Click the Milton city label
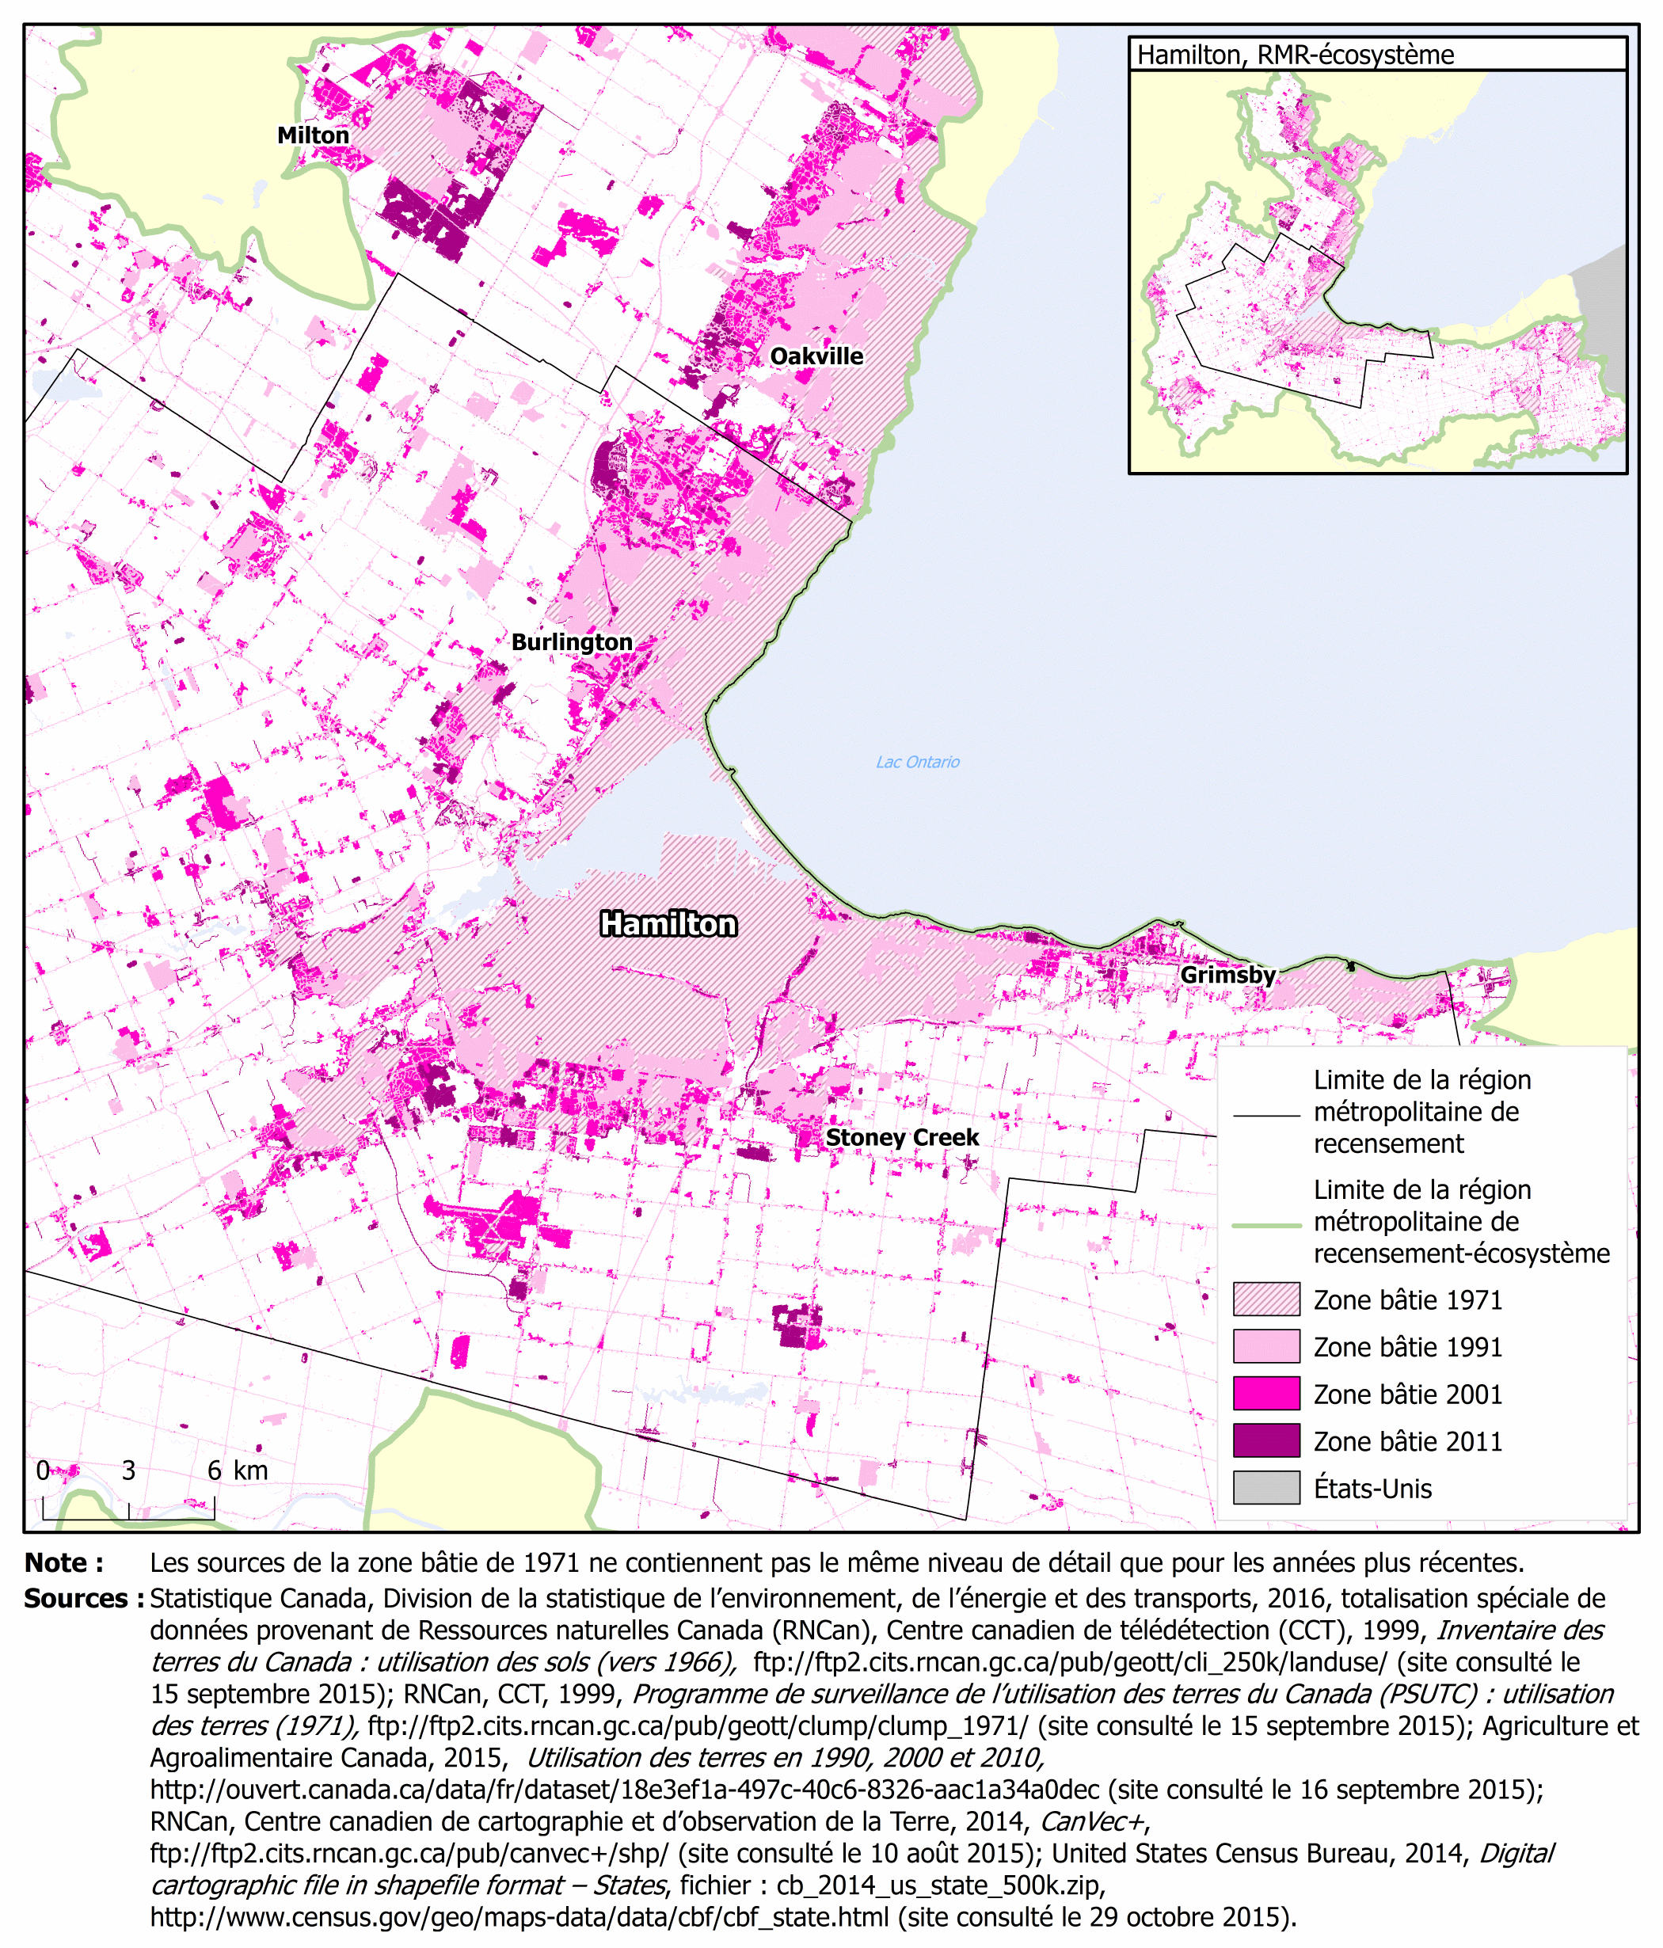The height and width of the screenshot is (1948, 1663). point(313,135)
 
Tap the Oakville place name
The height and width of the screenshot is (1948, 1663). point(816,356)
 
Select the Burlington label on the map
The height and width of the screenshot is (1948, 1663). point(572,642)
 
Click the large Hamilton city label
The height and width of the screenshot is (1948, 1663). point(668,924)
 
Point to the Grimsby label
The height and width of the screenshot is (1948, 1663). point(1227,975)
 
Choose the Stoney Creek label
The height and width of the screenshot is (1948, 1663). point(901,1138)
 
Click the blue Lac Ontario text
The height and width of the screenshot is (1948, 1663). point(918,763)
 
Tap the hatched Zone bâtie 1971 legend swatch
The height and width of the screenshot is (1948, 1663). point(1266,1299)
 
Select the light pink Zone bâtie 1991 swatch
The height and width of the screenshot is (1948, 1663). point(1266,1346)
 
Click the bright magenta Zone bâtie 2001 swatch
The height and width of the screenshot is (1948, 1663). point(1266,1394)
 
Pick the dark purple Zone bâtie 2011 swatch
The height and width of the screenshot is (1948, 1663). point(1266,1440)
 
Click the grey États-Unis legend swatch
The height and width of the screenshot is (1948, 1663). point(1266,1487)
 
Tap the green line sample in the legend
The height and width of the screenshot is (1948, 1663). point(1266,1226)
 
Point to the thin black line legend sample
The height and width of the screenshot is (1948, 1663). point(1266,1116)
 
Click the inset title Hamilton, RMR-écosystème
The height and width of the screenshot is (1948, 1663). point(1295,55)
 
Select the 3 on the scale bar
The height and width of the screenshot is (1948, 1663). point(129,1471)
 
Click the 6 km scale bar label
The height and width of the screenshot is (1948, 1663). point(237,1471)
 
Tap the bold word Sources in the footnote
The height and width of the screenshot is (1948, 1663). point(82,1598)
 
